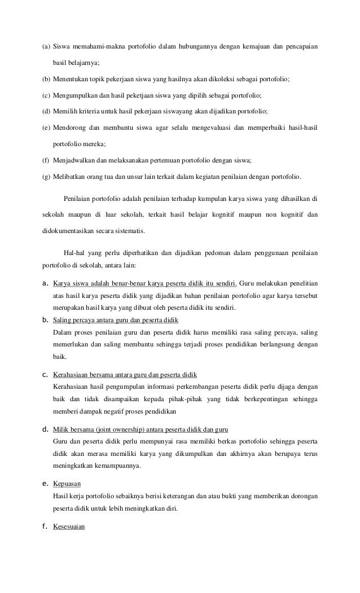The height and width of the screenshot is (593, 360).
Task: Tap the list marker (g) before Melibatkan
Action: click(x=47, y=176)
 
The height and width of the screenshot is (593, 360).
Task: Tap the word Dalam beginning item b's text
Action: click(x=62, y=332)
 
